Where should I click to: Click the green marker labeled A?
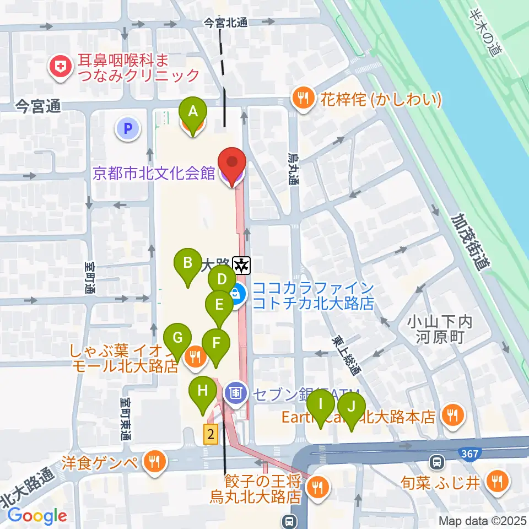(193, 112)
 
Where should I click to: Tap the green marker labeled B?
(188, 263)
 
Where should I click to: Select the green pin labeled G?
(177, 337)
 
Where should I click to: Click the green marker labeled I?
(320, 404)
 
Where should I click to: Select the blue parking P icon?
(128, 129)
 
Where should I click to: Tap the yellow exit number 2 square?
(210, 434)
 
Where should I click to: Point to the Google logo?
(37, 516)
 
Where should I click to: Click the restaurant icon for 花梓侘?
(302, 99)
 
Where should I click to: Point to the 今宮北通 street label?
(226, 23)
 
